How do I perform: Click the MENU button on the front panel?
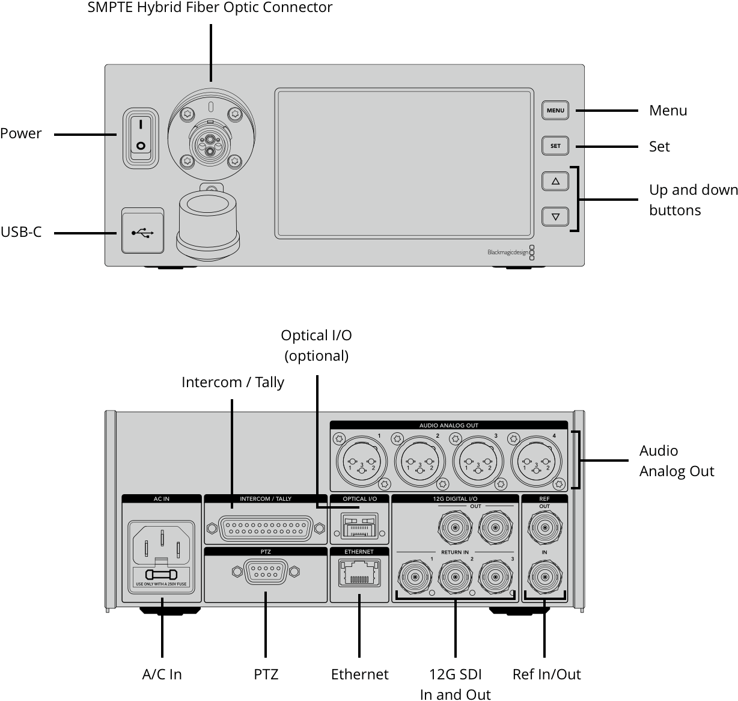coord(555,111)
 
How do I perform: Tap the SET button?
coord(555,146)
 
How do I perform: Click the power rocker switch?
coord(141,137)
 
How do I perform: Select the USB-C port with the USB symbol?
coord(143,231)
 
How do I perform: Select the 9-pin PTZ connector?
coord(266,572)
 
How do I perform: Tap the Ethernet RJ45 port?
coord(359,572)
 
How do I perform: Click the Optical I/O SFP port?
coord(359,525)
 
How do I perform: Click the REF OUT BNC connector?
coord(544,528)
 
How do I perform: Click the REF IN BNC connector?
coord(544,577)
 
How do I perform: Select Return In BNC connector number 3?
coord(495,577)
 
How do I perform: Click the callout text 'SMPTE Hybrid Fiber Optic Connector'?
coord(210,8)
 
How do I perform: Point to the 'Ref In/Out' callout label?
coord(546,675)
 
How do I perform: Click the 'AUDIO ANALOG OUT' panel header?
coord(448,426)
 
